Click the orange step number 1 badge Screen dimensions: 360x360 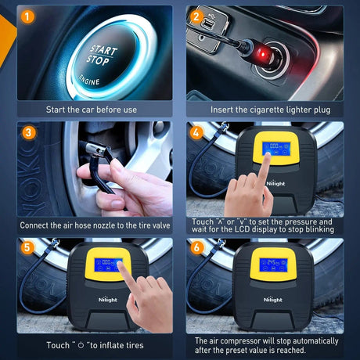click(28, 15)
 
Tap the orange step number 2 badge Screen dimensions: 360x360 click(197, 15)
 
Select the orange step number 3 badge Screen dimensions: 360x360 click(28, 132)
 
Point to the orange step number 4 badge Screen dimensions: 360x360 click(197, 132)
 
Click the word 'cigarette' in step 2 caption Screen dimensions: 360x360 click(272, 110)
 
